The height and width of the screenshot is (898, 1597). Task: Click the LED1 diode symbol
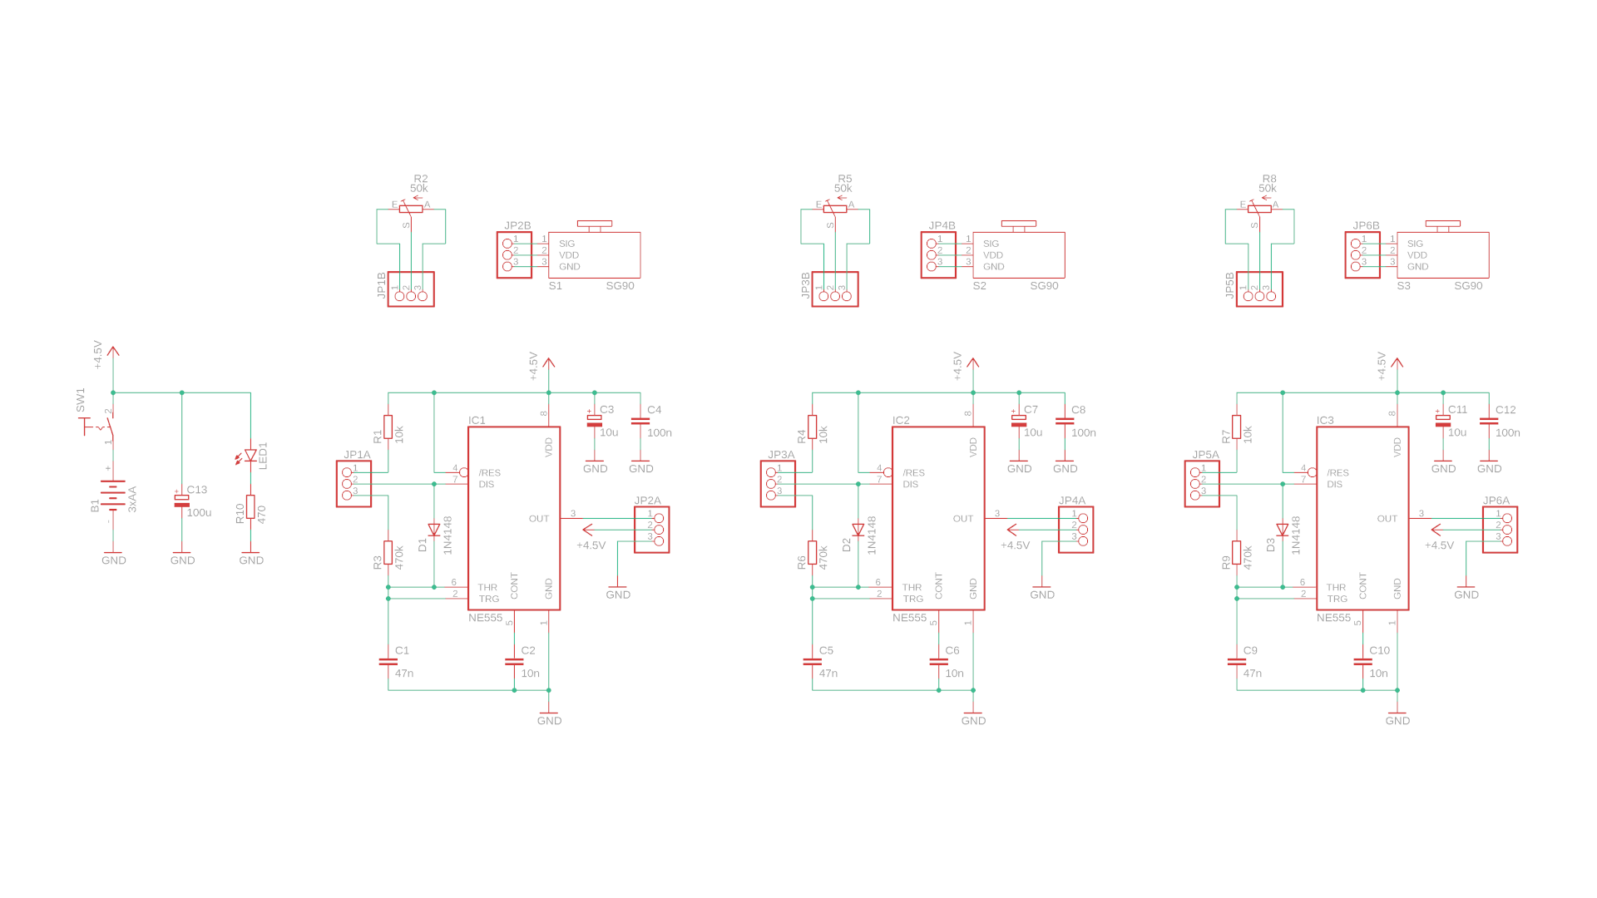(x=250, y=456)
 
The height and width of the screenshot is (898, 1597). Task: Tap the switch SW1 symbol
(x=100, y=427)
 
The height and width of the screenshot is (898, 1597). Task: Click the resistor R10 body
(x=250, y=506)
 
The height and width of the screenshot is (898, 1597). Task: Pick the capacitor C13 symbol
(x=181, y=501)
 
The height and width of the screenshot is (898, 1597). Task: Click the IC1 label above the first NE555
(x=477, y=420)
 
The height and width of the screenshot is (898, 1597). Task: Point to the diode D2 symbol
(x=858, y=530)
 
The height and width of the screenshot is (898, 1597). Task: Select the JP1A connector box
(x=354, y=484)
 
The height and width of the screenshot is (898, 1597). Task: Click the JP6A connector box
(x=1500, y=530)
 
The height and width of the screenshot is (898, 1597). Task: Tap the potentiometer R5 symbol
(x=834, y=209)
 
